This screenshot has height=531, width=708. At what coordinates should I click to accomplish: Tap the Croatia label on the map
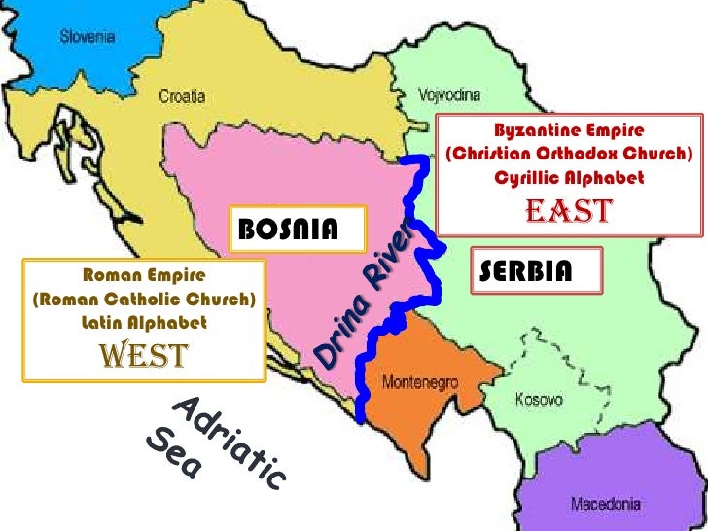pos(182,95)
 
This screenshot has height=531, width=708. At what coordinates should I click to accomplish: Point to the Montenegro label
pos(419,381)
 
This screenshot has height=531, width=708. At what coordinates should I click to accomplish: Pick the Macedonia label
pos(605,504)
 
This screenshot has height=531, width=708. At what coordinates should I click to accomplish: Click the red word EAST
pos(568,211)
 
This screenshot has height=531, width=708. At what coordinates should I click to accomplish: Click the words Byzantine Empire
pos(569,130)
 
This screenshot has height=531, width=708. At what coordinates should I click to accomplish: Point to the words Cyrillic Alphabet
pos(569,178)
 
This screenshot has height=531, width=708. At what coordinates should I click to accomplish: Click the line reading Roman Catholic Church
pos(145,299)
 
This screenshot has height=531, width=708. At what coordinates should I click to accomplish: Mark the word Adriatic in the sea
pos(230,442)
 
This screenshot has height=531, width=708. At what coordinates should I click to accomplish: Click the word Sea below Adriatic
pos(174,457)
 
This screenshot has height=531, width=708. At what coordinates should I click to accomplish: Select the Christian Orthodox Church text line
pos(569,154)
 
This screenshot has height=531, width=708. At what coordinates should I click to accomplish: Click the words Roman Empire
pos(144,276)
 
